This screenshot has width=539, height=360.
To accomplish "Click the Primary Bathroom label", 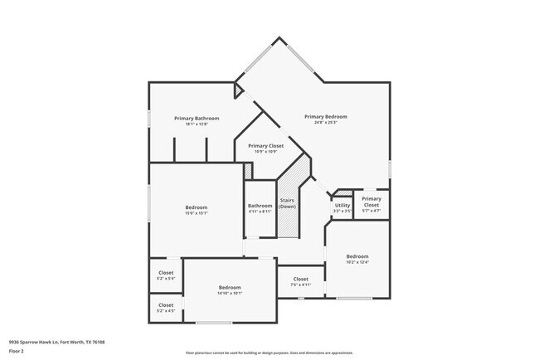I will [197, 119].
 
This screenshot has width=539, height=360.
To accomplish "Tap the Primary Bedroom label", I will [324, 117].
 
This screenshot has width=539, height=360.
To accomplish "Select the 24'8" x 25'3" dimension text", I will [324, 124].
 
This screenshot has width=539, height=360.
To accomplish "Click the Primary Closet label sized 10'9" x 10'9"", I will [265, 145].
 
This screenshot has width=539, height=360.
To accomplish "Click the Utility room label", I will [342, 205].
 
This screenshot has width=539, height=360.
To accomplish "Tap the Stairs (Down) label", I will [288, 203].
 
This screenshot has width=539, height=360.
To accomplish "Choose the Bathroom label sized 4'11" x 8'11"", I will [260, 206].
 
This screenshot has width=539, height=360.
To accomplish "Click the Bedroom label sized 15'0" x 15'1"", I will [197, 207].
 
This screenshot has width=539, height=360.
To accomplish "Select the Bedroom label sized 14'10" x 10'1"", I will [230, 287].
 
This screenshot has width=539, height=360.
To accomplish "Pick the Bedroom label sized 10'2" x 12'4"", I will [357, 256].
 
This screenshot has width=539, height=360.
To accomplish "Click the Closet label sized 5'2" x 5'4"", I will [166, 272].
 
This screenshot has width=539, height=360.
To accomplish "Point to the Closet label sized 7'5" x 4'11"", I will [300, 279].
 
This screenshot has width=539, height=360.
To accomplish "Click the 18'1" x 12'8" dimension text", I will [197, 124].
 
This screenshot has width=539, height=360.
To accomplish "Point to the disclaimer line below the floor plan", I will [269, 352].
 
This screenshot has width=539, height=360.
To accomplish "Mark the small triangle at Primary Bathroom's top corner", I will [239, 85].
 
